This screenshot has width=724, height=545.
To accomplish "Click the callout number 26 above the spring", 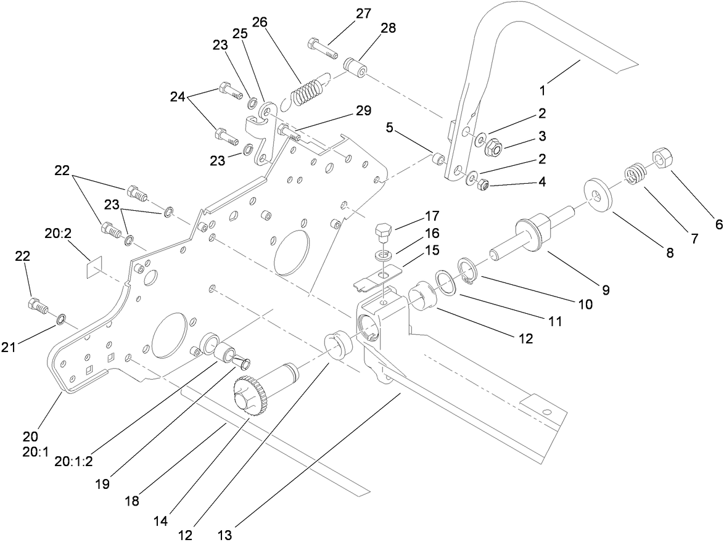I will tap(260, 22).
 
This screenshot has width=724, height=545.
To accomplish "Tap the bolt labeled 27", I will tap(322, 48).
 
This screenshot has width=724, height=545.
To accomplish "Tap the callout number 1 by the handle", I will tap(543, 90).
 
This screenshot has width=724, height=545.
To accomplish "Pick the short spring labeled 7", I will tap(633, 174).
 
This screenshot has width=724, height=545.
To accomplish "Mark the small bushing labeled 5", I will tap(438, 160).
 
